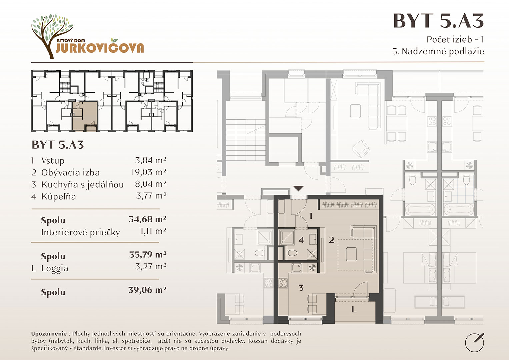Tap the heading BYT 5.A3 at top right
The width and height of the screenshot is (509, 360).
[x=438, y=21]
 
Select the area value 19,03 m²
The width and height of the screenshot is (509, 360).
[x=149, y=172]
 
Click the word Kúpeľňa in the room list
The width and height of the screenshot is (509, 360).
[x=58, y=196]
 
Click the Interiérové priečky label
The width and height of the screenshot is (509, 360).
[x=80, y=233]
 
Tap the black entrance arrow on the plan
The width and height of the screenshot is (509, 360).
[x=298, y=189]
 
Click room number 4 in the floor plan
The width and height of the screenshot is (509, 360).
[x=301, y=240]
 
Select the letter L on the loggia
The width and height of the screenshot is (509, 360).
[x=354, y=309]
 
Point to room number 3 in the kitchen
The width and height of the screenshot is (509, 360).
[x=301, y=288]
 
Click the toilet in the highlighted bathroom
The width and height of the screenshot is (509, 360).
[x=292, y=253]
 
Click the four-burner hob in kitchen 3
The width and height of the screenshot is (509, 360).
[x=283, y=283]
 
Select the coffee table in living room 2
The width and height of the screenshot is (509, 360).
[x=351, y=254]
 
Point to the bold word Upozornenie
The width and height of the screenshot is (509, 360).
[x=49, y=334]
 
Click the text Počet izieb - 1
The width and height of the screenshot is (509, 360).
[x=455, y=40]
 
